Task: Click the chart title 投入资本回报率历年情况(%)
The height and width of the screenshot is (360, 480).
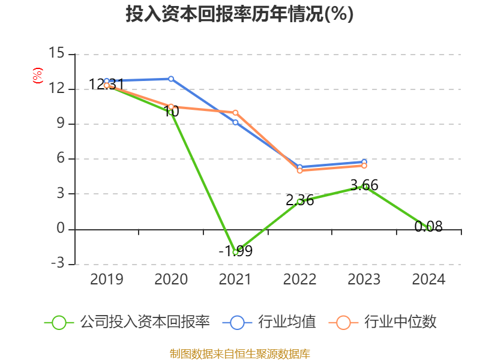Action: (239, 14)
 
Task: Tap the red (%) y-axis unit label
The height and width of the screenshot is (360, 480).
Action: (38, 76)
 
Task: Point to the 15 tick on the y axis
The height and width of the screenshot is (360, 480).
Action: (56, 54)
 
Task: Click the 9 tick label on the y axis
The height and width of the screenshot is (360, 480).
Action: (59, 124)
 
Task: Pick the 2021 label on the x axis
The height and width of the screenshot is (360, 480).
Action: (235, 280)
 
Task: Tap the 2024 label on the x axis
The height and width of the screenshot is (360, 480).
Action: (429, 280)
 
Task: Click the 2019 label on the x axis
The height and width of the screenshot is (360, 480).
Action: (106, 280)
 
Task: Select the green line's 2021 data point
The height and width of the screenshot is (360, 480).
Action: (235, 253)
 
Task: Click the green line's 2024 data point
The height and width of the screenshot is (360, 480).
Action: (429, 228)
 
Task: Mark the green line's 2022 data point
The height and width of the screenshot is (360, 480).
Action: (300, 202)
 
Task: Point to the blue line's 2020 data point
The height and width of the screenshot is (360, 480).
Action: (171, 79)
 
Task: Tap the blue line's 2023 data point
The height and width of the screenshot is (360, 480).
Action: (364, 162)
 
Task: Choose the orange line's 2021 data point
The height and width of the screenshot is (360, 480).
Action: (235, 113)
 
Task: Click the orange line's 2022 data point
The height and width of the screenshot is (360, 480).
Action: (300, 170)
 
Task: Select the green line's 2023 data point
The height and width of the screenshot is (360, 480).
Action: (364, 187)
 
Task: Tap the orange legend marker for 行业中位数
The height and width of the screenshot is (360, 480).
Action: (343, 322)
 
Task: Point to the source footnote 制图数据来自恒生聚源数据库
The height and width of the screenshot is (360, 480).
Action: (239, 353)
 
